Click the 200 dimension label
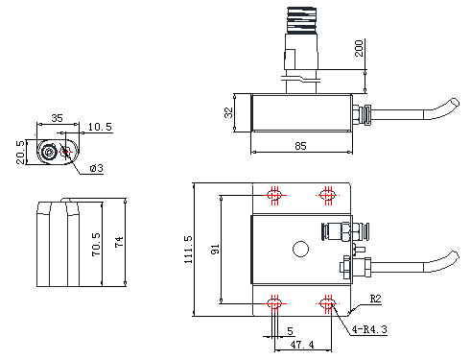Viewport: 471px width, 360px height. pos(359,48)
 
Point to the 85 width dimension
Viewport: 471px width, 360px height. pos(300,146)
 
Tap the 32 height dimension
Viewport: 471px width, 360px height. pos(228,112)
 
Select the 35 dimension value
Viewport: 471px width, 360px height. pos(58,118)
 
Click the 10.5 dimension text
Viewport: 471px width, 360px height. pos(100,127)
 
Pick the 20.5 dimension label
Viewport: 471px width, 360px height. pos(20,153)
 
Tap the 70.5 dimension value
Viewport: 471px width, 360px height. pos(96,245)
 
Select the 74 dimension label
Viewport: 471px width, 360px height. pos(119,242)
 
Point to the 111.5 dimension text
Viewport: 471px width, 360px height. pos(188,250)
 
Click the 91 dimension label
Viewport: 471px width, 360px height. pos(215,250)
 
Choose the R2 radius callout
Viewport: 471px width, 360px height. pos(376,299)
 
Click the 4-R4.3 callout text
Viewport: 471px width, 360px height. pos(369,329)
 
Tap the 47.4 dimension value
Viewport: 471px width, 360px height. pos(302,345)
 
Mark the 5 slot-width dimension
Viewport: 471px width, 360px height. pos(290,331)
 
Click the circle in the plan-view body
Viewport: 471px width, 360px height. pos(300,249)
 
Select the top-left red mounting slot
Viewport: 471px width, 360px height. pos(274,195)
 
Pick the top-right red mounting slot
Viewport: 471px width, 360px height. pos(328,195)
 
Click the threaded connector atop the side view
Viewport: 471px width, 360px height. pos(301,20)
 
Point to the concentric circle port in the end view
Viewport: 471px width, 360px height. pos(49,153)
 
